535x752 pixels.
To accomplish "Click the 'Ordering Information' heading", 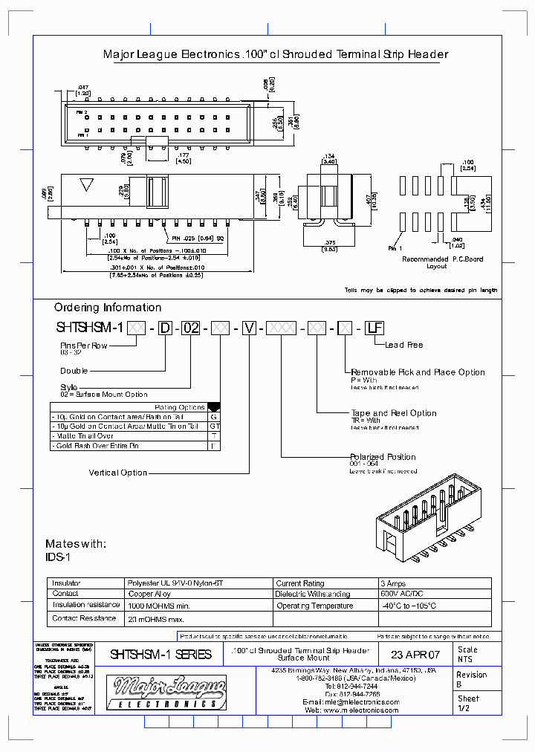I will coord(108,308).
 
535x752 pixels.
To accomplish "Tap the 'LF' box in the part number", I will coord(371,327).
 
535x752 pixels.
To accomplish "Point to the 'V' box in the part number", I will coord(250,327).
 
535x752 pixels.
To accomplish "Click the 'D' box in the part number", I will coord(164,327).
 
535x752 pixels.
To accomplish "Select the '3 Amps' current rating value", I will coord(394,584).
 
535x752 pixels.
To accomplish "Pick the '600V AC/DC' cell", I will coord(403,594).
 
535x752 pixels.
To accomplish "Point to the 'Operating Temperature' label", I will coord(314,606).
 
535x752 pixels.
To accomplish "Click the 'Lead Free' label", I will coord(403,345).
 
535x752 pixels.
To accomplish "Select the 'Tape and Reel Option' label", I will coord(394,413).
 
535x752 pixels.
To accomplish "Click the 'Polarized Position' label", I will coord(383,457).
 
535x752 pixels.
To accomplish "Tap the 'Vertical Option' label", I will coord(118,473).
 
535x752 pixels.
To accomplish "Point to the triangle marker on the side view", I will coord(87,185).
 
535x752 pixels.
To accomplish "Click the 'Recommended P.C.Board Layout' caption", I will coord(442,262).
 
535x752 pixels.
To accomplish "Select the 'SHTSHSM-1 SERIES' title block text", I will coord(160,655).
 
